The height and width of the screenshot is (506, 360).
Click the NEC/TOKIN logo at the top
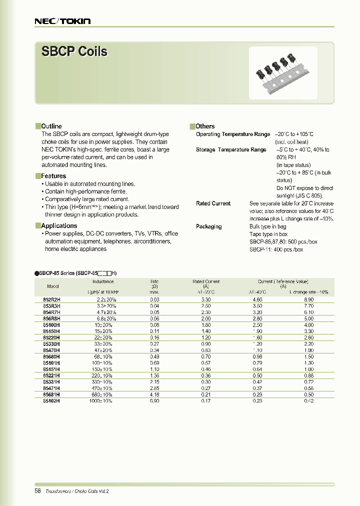coord(62,21)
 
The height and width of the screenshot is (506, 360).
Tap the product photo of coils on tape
coord(283,73)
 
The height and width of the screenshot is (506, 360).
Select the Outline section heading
coord(51,126)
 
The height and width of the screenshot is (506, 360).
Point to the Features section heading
coord(53,176)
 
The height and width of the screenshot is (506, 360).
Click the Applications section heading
coord(58,226)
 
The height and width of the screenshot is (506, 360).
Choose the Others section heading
coord(205,126)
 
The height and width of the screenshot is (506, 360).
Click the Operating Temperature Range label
coord(232,134)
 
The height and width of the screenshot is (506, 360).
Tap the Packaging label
coord(208,226)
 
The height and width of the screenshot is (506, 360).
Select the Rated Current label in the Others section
coord(213,203)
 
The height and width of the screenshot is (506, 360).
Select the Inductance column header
coord(103,281)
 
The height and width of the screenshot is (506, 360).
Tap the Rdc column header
coord(154,281)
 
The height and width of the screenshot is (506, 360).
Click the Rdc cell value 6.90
coord(154,401)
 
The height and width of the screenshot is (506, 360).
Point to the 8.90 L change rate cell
coord(308,299)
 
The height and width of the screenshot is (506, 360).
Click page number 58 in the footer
coord(38,491)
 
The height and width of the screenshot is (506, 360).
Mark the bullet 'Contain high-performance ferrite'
coord(85,191)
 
